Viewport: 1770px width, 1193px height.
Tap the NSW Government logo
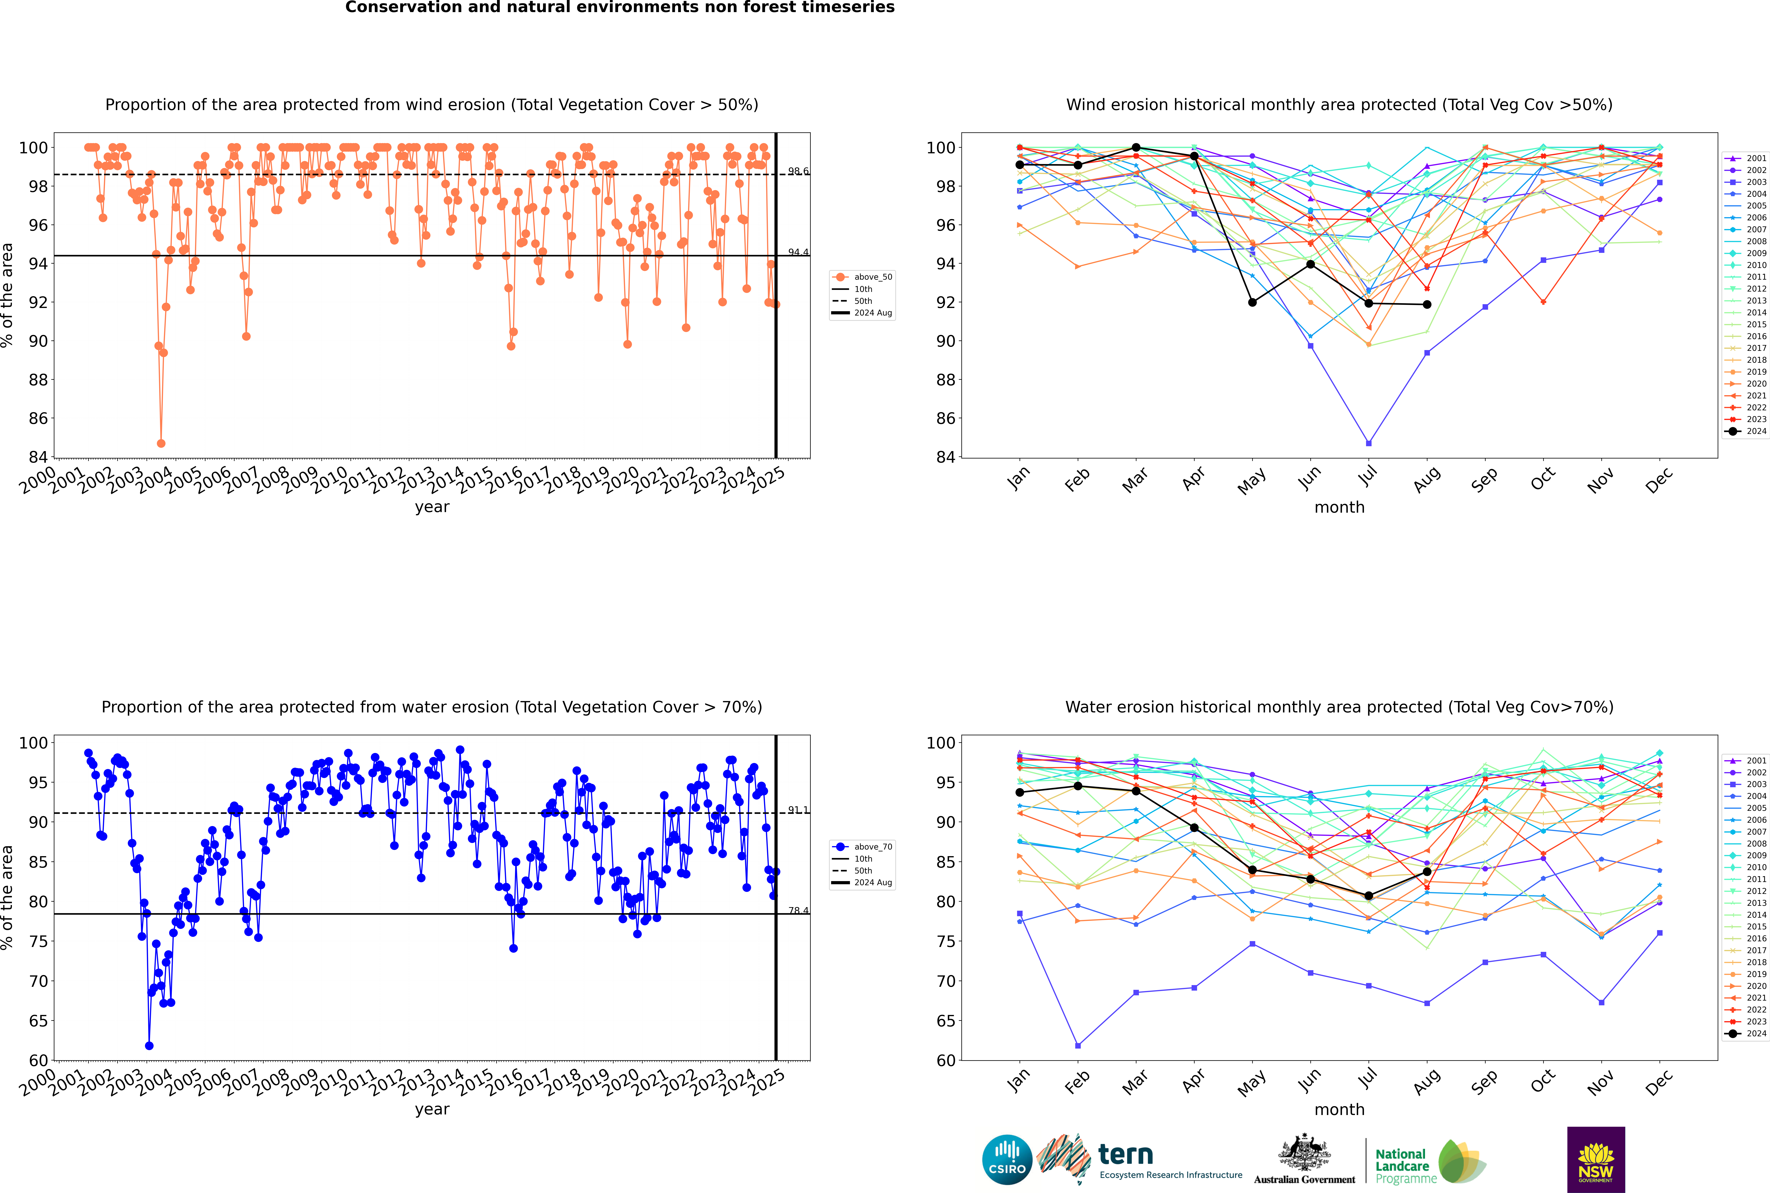point(1596,1159)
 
